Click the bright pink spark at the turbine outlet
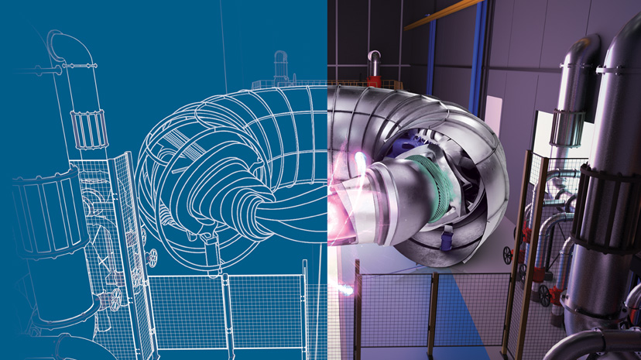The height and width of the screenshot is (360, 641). [361, 163]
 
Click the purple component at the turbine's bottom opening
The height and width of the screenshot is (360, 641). [447, 242]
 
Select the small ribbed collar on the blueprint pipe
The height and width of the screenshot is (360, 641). [89, 127]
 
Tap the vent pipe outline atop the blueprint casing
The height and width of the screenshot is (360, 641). [280, 66]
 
